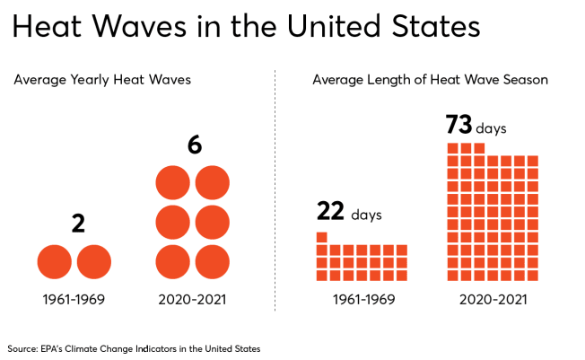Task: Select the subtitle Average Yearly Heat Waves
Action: coord(102,80)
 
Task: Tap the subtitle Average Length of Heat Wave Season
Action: coord(430,80)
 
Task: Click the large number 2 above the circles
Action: coord(78,224)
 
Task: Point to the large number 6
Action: coord(194,144)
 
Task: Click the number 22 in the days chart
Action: coord(330,212)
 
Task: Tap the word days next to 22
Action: coord(366,215)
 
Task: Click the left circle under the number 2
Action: coord(55,262)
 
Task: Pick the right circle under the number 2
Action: coord(94,262)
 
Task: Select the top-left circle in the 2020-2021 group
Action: coord(173,181)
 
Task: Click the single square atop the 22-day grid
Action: coord(321,237)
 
